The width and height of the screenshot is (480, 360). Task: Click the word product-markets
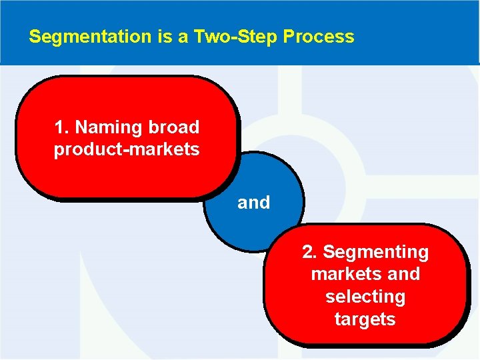127,149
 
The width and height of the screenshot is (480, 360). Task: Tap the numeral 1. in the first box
62,127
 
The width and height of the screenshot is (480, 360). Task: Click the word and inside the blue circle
254,203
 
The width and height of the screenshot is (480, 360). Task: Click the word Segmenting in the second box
376,253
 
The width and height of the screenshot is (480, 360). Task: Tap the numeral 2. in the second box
310,253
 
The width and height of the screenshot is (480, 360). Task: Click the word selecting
365,297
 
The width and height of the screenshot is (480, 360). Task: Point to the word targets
365,319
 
